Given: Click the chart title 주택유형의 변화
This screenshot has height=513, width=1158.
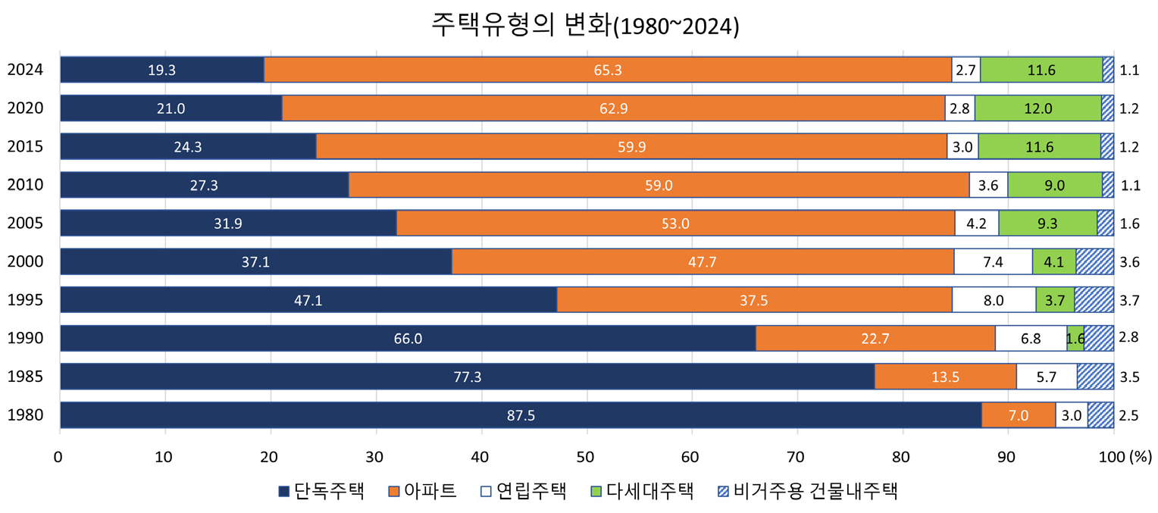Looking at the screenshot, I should (x=584, y=25).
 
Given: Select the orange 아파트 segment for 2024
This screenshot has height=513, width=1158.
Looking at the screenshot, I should (x=607, y=70).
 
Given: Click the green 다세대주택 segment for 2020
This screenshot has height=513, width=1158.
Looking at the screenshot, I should (x=1038, y=108).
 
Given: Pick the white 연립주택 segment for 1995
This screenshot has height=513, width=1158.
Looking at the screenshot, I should (x=993, y=300).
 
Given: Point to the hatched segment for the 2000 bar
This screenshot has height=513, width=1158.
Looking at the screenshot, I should (x=1094, y=261).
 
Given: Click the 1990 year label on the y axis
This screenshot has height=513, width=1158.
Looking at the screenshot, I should (x=25, y=339).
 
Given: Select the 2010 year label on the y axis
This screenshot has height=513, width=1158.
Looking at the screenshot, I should (x=25, y=185).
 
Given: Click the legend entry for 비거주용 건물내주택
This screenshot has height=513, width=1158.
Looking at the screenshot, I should (x=807, y=490).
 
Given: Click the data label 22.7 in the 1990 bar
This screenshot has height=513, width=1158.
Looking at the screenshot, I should (x=875, y=339).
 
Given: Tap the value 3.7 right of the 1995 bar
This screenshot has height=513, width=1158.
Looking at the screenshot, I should (x=1128, y=300).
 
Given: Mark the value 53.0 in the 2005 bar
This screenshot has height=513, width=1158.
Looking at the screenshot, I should (x=674, y=224).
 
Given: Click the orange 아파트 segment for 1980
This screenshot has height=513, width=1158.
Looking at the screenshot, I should (x=1018, y=415).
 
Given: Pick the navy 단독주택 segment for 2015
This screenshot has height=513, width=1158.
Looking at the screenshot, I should (x=187, y=147).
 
